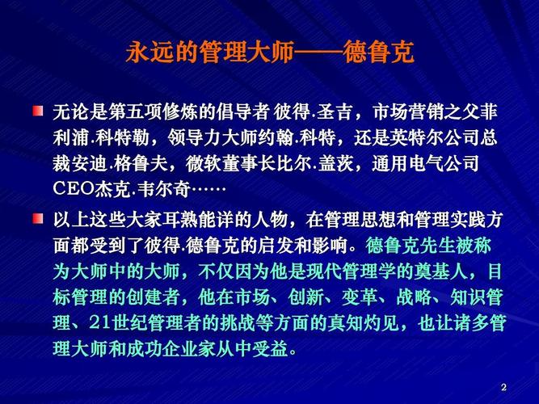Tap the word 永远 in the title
(x=149, y=53)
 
